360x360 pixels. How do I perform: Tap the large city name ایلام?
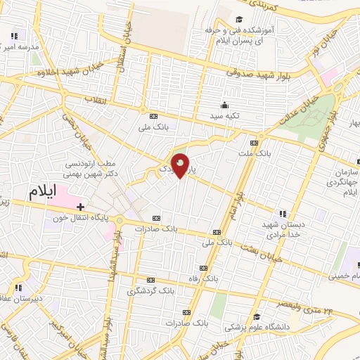46,191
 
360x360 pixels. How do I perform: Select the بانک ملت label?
253,152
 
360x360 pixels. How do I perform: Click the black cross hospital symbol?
81,207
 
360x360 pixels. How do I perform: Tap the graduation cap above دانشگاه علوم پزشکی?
257,316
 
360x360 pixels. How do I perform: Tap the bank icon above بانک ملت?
263,141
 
